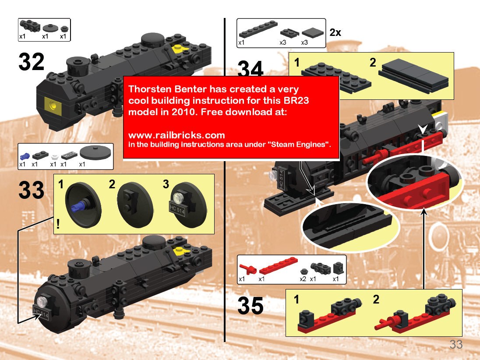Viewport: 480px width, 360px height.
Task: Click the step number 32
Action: click(31, 62)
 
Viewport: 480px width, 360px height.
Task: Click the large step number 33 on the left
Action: click(31, 190)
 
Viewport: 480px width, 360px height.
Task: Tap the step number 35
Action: click(251, 306)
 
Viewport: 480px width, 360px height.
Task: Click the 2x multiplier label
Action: click(335, 32)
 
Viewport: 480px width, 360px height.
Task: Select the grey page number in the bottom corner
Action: click(456, 344)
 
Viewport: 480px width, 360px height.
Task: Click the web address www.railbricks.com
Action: click(176, 135)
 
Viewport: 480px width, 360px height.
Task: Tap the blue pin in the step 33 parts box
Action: click(25, 156)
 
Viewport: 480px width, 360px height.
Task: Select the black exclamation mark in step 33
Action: click(58, 224)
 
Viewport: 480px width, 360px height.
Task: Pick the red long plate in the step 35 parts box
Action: click(278, 265)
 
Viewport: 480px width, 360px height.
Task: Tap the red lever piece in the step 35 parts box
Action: click(247, 269)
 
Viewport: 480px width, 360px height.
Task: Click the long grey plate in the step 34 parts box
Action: click(258, 29)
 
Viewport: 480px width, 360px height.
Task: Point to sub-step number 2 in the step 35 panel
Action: click(376, 299)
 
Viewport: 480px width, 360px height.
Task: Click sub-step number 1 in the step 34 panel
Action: click(296, 63)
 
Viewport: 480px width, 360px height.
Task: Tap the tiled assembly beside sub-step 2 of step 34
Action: click(413, 75)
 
